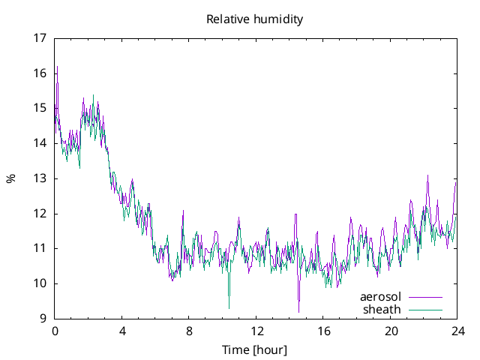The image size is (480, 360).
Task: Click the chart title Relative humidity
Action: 254,19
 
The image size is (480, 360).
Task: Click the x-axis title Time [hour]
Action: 254,350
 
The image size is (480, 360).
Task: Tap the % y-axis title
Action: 10,178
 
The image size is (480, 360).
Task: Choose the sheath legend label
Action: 382,309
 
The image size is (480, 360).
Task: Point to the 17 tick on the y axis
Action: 40,38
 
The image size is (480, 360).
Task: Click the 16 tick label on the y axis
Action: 40,73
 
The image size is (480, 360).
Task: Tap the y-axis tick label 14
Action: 40,143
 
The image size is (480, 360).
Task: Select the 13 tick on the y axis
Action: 40,178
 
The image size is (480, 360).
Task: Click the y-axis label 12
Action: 40,214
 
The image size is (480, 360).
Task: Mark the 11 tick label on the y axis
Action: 40,248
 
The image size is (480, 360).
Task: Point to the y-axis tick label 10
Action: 40,283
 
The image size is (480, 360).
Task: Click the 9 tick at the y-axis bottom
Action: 44,319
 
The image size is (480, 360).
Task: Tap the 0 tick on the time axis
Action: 55,331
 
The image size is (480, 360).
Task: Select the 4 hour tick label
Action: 122,331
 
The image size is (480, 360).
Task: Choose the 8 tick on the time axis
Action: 189,331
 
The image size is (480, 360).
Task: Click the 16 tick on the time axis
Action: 323,331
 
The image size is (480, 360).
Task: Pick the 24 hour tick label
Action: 457,331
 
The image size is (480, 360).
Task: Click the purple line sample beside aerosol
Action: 424,298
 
